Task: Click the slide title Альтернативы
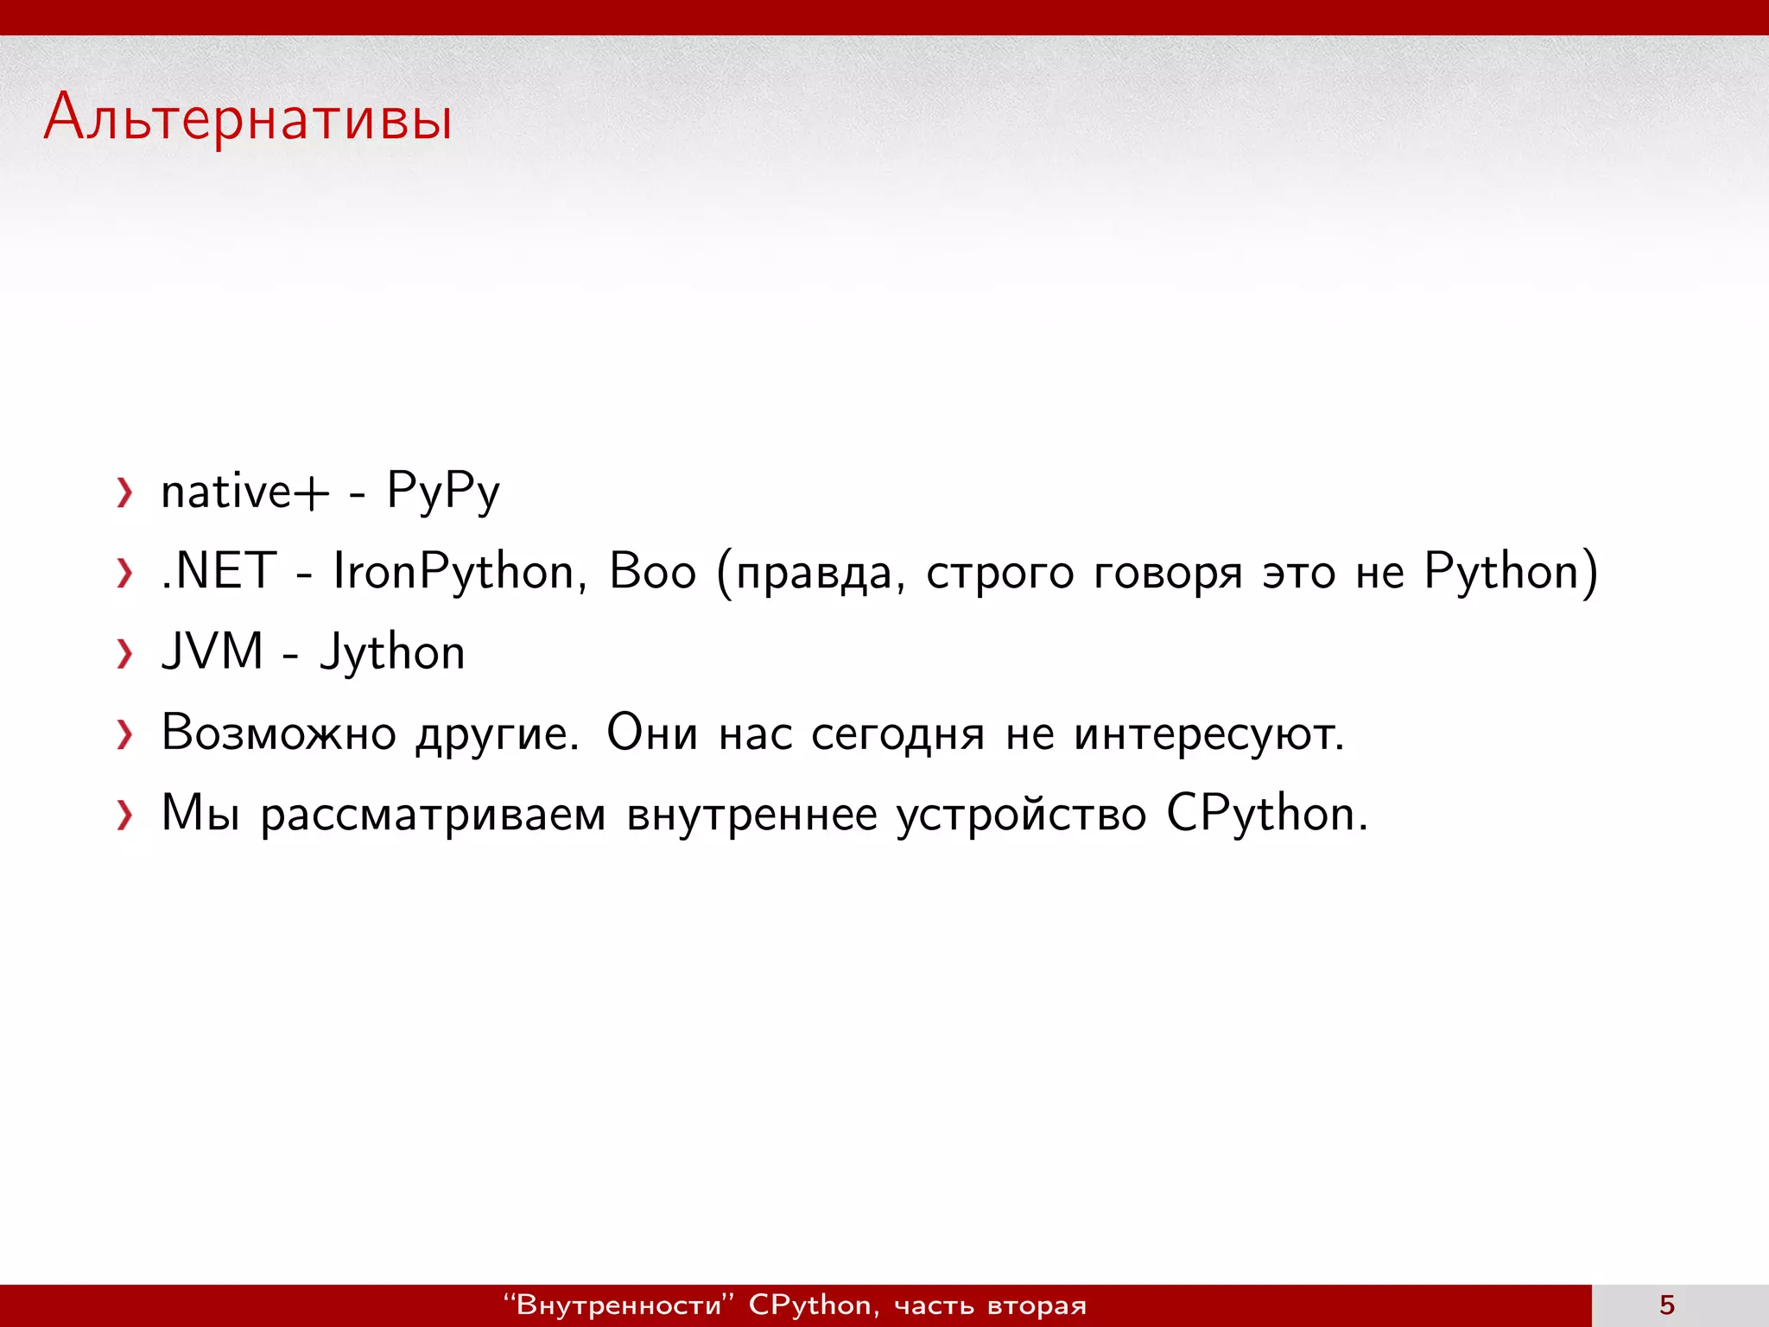coord(248,118)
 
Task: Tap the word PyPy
coord(443,492)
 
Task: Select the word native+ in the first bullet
coord(245,492)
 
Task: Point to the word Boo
coord(652,572)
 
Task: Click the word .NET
coord(219,572)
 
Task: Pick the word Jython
coord(393,653)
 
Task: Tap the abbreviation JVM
coord(212,651)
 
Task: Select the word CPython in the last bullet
coord(1266,814)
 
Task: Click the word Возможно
coord(278,733)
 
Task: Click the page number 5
coord(1667,1305)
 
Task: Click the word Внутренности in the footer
coord(618,1305)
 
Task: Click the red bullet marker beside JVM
coord(125,654)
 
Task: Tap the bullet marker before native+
coord(125,493)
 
